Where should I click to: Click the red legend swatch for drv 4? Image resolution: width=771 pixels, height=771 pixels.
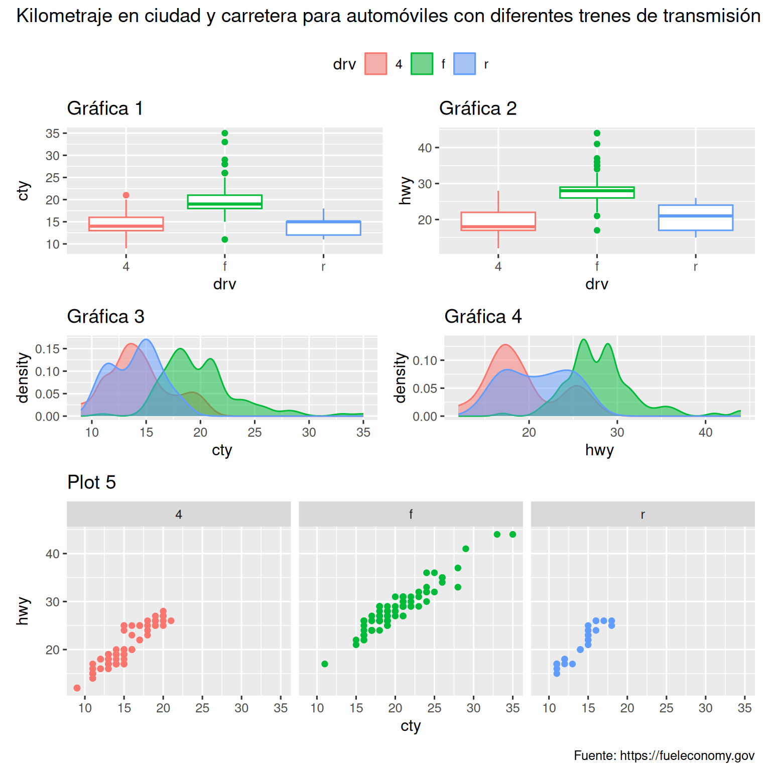click(x=375, y=64)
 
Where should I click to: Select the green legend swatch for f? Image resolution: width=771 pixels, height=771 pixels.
click(x=422, y=64)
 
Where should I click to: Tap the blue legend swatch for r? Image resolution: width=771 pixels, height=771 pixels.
click(x=464, y=64)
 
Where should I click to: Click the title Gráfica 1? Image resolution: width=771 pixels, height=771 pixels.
click(x=105, y=108)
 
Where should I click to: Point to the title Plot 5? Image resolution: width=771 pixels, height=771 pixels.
click(x=91, y=482)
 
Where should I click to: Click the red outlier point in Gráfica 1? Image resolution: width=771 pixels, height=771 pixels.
click(x=126, y=195)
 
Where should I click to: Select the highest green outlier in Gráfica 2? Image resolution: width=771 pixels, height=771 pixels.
click(x=597, y=133)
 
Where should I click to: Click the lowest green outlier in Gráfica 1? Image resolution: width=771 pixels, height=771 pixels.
click(x=225, y=239)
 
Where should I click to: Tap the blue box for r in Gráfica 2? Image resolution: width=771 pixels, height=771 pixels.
click(x=695, y=218)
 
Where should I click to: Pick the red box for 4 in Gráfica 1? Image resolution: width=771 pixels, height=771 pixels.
click(x=126, y=224)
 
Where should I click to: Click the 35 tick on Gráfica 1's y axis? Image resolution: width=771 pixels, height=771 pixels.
click(x=52, y=134)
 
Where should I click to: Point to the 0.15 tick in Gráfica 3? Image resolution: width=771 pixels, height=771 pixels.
click(x=47, y=349)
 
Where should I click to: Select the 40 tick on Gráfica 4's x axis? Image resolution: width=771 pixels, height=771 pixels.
click(x=705, y=432)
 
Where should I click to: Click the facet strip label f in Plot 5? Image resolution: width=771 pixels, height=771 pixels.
click(x=411, y=514)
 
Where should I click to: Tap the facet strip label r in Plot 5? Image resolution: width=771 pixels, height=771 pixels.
click(x=642, y=514)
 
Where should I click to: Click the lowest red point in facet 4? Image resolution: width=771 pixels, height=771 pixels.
click(x=77, y=688)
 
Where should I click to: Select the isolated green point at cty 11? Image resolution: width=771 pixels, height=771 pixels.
click(x=325, y=664)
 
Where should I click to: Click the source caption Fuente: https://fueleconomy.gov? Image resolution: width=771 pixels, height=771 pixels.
click(x=664, y=755)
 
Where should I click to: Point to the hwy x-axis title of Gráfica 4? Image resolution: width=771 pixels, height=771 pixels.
click(x=599, y=450)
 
